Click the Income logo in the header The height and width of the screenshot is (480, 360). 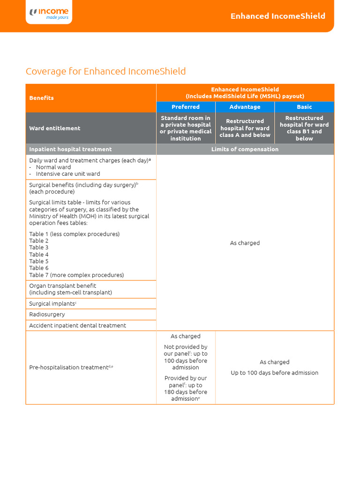coord(49,14)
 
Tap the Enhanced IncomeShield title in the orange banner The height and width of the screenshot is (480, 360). coord(277,16)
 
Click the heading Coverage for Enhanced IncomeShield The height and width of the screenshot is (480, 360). coord(105,71)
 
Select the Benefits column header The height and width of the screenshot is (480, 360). coord(41,98)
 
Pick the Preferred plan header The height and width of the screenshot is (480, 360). coord(186,107)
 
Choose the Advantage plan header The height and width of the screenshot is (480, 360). coord(245,107)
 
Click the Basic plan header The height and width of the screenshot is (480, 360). coord(304,107)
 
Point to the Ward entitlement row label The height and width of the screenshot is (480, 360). coord(54,128)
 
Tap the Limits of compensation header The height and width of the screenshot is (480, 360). coord(245,149)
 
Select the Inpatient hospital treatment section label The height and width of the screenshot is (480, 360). coord(70,149)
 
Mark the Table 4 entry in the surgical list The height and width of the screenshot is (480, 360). coord(39,255)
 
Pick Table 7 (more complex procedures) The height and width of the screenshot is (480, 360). coord(76,275)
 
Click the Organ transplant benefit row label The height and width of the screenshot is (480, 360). coord(62,285)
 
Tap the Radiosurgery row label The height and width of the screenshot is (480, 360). coord(47,315)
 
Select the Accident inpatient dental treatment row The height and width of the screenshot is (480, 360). coord(77,325)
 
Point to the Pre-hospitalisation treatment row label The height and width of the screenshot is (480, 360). coord(71,367)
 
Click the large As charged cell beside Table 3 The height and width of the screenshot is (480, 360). coord(245,243)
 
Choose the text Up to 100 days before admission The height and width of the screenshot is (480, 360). coord(274,373)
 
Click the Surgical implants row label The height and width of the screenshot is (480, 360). coord(52,304)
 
